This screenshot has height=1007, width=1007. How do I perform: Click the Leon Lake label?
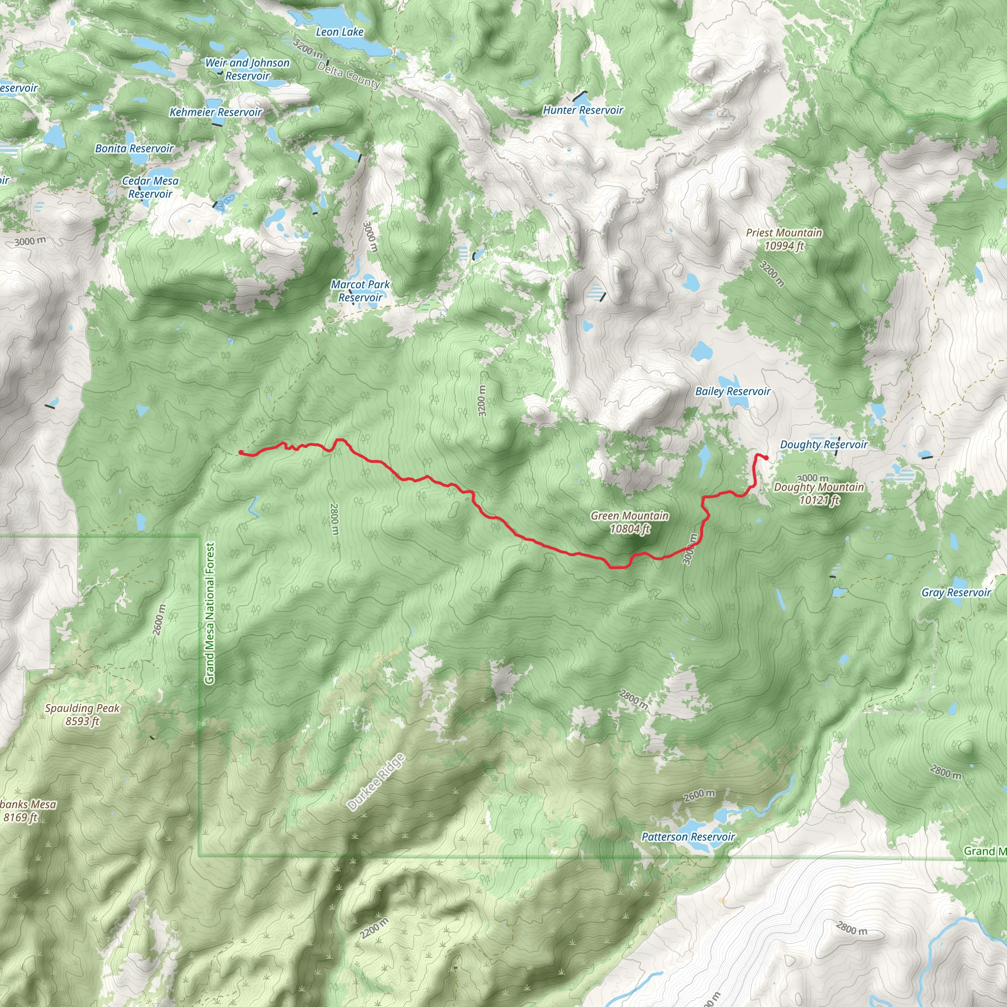point(339,32)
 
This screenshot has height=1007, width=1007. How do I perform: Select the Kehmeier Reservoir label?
point(216,113)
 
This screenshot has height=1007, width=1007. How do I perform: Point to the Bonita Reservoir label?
point(134,149)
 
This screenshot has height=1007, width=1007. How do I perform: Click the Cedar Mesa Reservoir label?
point(150,188)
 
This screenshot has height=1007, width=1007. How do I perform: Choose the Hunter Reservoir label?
point(583,111)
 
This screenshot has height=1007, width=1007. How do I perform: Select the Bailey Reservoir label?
point(732,391)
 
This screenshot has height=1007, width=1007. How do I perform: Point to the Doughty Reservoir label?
point(823,444)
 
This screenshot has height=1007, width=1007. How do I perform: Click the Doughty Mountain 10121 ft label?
point(818,494)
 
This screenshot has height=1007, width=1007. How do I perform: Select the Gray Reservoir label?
point(956,592)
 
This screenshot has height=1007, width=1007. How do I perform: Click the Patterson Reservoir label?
point(687,837)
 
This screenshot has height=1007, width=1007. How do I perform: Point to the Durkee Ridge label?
point(376,783)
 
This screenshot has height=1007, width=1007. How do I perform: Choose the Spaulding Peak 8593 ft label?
point(82,714)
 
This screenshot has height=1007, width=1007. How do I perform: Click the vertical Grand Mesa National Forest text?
point(209,614)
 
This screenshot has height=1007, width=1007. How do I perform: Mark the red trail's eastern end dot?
point(766,458)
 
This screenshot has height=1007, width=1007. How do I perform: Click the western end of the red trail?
point(240,452)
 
